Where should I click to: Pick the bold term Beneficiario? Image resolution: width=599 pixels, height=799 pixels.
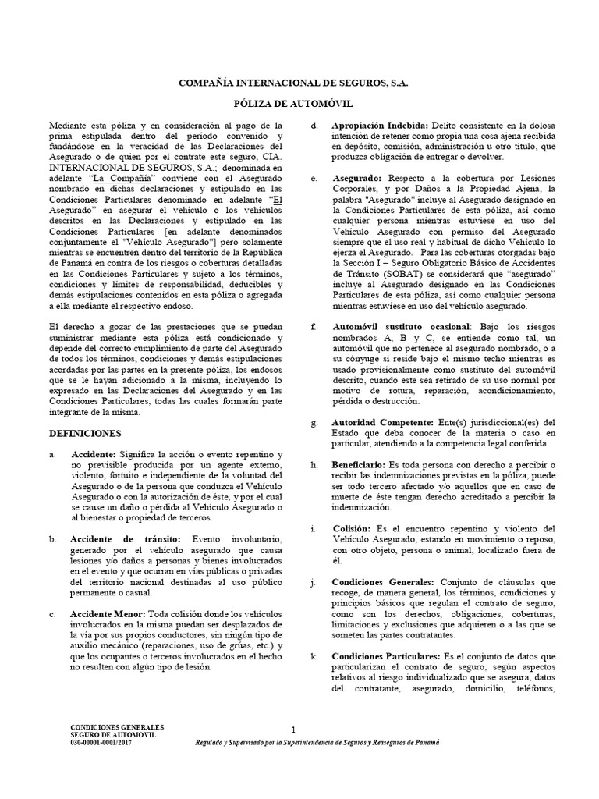pyautogui.click(x=363, y=464)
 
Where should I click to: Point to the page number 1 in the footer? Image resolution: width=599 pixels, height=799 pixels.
pyautogui.click(x=292, y=730)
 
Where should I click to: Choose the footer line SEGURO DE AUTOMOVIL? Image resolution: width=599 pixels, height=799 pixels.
pyautogui.click(x=113, y=735)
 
